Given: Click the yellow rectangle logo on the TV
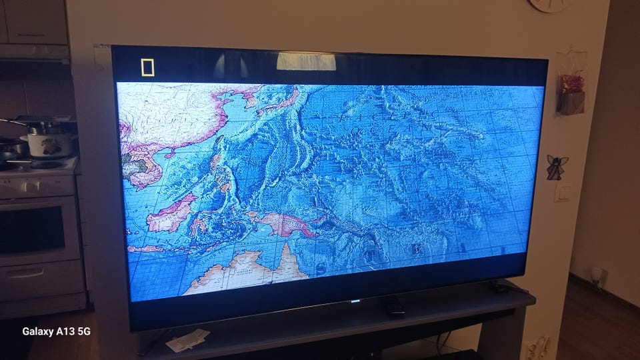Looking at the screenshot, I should coord(147,67).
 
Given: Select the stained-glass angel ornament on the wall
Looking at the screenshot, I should coord(557,167).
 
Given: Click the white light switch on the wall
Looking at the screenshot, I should coord(563,193).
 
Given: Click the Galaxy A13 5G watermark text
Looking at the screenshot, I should coord(56,331).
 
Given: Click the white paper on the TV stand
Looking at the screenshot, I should coord(187,340).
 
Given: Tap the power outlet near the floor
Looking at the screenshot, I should coord(537,348).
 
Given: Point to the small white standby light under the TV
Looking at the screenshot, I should coord(355,301).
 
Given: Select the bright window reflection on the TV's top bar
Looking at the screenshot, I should coord(306,61).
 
